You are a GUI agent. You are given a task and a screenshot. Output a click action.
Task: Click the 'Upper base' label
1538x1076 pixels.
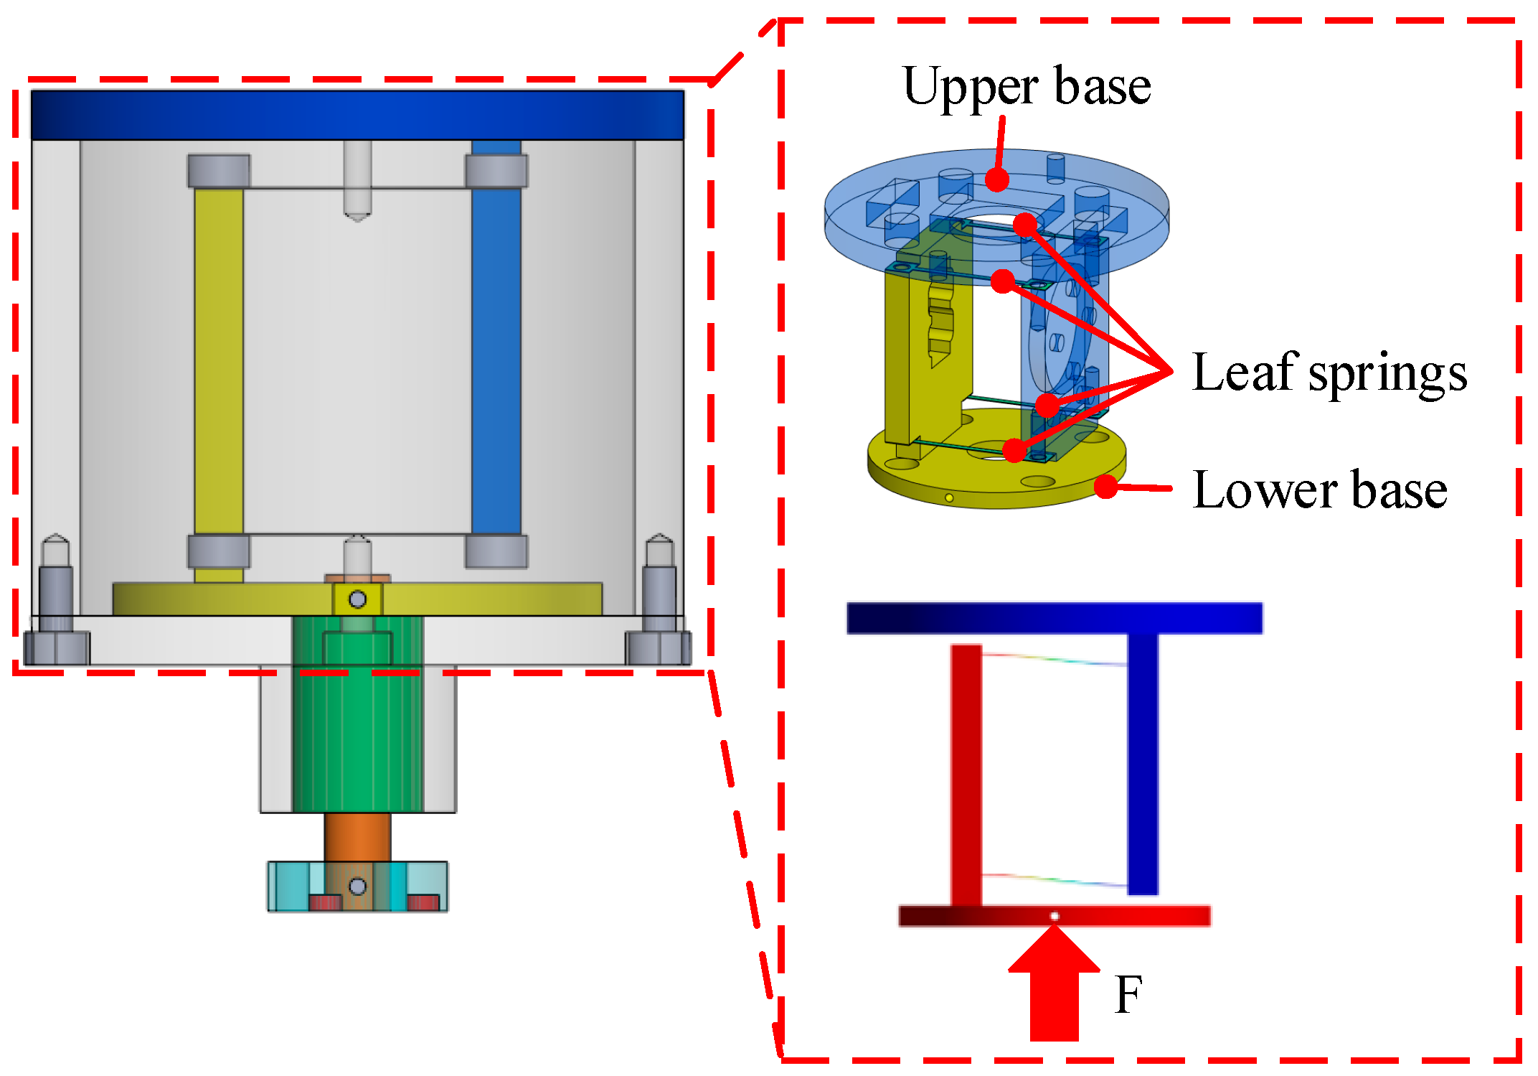pos(1027,86)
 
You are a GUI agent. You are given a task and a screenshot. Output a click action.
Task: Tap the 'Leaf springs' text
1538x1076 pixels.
pos(1329,373)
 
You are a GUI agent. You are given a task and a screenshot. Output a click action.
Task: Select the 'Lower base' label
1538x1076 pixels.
pos(1319,490)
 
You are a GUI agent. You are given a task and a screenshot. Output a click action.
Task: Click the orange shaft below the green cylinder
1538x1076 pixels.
pos(357,836)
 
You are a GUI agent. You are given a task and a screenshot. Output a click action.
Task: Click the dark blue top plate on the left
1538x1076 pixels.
pos(357,115)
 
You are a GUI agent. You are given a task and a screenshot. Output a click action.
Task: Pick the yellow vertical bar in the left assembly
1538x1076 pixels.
pos(219,359)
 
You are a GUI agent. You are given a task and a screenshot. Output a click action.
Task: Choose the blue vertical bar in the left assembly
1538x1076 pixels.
pos(496,359)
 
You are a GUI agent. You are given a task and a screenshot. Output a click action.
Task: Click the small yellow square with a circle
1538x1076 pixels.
pos(357,599)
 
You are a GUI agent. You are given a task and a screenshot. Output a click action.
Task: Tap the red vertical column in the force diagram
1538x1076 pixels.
pos(966,775)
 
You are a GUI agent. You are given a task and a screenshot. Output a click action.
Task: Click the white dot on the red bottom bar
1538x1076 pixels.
pos(1055,916)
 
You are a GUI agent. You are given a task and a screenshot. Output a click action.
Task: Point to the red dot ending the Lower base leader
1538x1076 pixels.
pos(1107,487)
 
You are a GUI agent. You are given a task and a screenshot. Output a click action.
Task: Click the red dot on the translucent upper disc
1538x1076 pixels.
pos(996,179)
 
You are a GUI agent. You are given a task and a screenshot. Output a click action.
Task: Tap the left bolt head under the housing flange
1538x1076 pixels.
pos(57,647)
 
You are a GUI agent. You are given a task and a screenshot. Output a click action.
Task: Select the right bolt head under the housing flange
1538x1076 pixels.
pos(659,647)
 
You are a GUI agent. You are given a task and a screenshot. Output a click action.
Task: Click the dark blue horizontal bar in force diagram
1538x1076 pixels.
pos(1055,618)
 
